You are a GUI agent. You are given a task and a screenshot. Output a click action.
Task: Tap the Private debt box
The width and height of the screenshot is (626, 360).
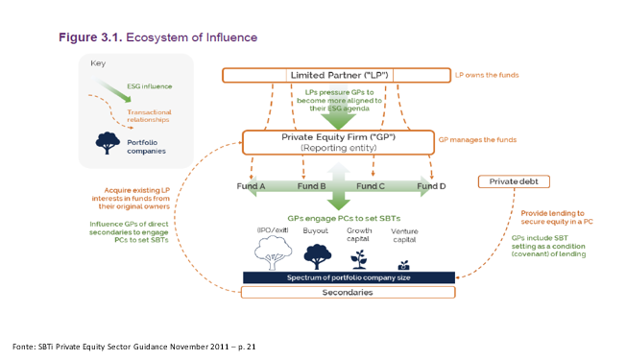(514, 181)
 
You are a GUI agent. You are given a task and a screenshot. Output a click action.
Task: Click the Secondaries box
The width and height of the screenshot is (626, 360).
(348, 292)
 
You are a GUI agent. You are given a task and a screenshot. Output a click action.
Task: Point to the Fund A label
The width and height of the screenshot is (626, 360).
(251, 186)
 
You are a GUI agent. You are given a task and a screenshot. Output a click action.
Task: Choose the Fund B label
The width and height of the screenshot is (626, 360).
(311, 186)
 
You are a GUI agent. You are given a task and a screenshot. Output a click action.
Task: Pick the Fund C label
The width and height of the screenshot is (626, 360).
(371, 186)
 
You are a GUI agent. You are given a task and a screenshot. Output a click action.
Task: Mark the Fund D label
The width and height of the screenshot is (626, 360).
(431, 186)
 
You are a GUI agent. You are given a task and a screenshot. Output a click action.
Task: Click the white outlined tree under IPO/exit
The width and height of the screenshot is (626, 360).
(273, 252)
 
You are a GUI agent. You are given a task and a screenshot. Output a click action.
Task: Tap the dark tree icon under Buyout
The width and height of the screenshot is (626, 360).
(318, 256)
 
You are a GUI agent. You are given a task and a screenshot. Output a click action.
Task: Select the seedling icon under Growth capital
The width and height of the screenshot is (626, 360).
(359, 259)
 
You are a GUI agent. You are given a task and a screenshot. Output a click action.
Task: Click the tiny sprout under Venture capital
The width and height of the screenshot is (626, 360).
(404, 265)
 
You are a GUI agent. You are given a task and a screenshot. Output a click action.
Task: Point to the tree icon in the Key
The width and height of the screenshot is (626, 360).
(108, 143)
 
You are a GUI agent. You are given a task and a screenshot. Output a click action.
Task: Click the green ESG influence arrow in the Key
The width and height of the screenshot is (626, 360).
(113, 90)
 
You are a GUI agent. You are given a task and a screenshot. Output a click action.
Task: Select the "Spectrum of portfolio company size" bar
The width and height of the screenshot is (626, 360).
(349, 277)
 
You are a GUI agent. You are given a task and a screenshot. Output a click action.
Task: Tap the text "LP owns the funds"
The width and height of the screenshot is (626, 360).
(487, 75)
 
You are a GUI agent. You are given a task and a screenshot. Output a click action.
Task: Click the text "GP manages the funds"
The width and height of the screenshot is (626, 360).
(477, 140)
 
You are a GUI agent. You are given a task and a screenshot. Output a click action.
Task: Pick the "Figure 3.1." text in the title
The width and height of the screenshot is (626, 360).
(90, 37)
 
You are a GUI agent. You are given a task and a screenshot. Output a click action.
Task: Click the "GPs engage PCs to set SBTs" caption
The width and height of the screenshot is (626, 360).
(344, 218)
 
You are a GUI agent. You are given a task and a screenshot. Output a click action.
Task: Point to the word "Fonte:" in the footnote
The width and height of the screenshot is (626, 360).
(24, 347)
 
